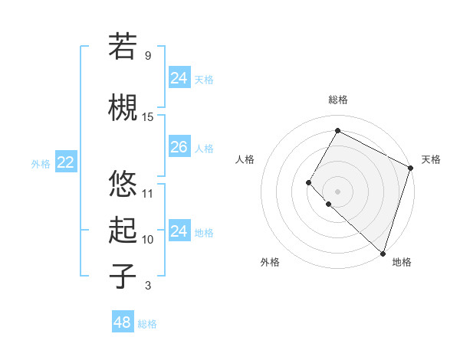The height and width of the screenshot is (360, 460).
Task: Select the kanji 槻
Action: [123, 107]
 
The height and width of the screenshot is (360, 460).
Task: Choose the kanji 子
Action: [123, 276]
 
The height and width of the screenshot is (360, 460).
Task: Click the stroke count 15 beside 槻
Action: [148, 116]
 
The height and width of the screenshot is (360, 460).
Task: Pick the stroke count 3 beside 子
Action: [148, 286]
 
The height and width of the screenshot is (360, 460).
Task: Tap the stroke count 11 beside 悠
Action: [148, 193]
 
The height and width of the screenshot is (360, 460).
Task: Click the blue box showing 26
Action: [179, 147]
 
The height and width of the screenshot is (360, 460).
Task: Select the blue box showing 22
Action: [65, 162]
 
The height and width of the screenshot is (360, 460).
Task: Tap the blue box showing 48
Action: [122, 322]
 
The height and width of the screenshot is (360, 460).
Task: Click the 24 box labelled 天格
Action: [179, 78]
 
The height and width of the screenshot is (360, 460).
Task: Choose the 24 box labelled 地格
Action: [179, 231]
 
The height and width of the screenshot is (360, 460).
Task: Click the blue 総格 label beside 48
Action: [147, 324]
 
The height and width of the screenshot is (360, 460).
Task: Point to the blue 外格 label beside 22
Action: [41, 163]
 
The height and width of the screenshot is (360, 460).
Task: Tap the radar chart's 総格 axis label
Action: [337, 100]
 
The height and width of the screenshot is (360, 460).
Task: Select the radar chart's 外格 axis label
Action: [270, 262]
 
